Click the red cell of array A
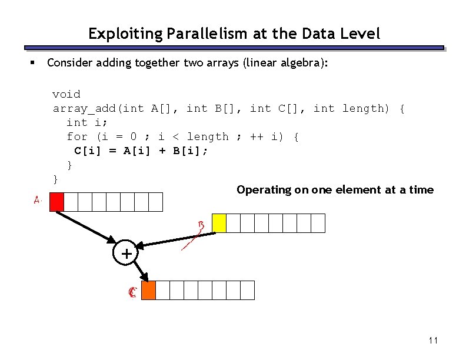(x=56, y=202)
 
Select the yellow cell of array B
(x=219, y=223)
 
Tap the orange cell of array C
(x=148, y=291)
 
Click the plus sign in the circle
(x=125, y=254)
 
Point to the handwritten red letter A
(x=37, y=200)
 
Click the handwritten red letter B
(x=201, y=225)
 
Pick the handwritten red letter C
(x=132, y=292)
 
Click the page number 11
(x=434, y=341)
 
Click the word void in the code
(x=66, y=94)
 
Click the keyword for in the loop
(x=77, y=136)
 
